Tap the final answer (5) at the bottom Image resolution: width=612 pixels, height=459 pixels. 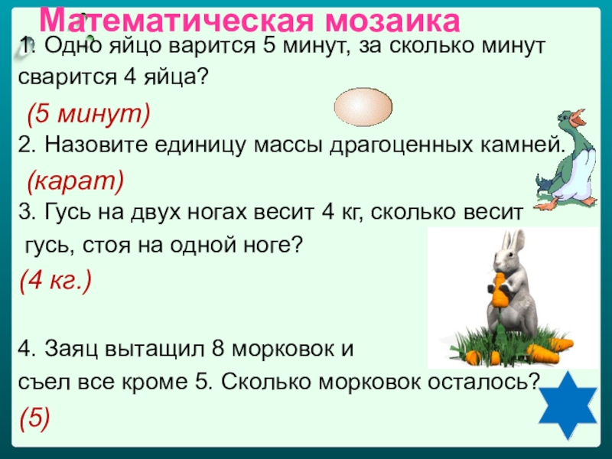click(35, 415)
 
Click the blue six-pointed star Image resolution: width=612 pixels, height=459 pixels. click(573, 408)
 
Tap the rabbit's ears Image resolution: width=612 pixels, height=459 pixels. click(510, 245)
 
